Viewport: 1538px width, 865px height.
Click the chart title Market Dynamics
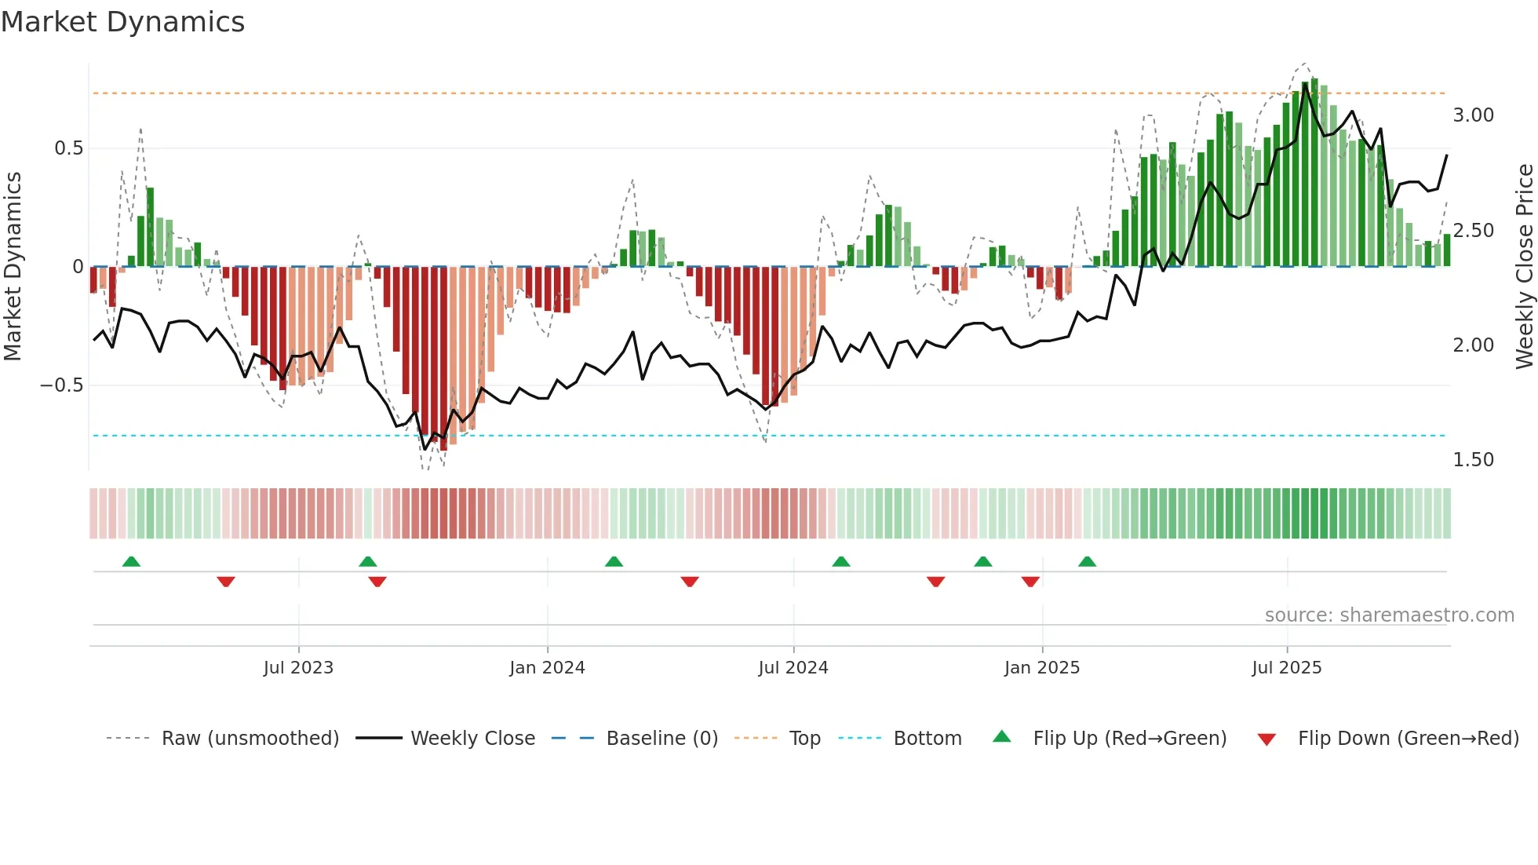(122, 22)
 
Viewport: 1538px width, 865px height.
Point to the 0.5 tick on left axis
(68, 148)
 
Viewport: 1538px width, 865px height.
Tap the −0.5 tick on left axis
(61, 385)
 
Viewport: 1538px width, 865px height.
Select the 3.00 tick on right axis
(1473, 115)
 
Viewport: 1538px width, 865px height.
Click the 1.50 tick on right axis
(1473, 460)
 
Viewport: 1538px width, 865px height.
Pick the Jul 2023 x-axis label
(298, 668)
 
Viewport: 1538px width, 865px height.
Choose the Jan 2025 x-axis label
(1041, 668)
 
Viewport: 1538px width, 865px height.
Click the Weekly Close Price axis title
(1524, 266)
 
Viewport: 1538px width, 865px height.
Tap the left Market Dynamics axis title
(13, 266)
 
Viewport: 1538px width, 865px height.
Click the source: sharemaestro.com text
(1389, 615)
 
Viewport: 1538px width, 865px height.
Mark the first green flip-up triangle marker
(131, 562)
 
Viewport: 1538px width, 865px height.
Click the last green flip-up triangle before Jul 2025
(1087, 562)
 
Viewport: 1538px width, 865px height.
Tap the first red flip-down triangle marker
(226, 582)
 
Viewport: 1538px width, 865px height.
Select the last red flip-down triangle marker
(1030, 582)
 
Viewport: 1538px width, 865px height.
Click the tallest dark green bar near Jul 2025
(1314, 173)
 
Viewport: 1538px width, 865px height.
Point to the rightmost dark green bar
(1447, 250)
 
